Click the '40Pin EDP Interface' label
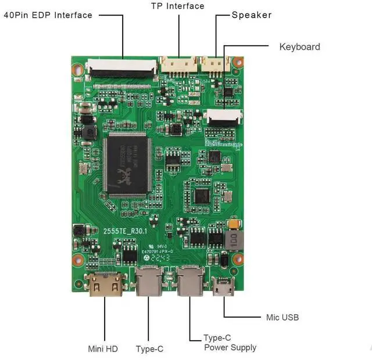click(x=48, y=15)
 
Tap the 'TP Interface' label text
click(x=178, y=6)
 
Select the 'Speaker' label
click(x=252, y=15)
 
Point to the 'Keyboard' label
click(x=299, y=46)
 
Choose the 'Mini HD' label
click(x=102, y=349)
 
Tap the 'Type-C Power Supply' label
click(x=230, y=343)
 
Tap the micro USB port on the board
click(x=223, y=286)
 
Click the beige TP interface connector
click(x=178, y=64)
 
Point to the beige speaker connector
click(x=214, y=63)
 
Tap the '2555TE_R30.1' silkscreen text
click(x=126, y=231)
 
